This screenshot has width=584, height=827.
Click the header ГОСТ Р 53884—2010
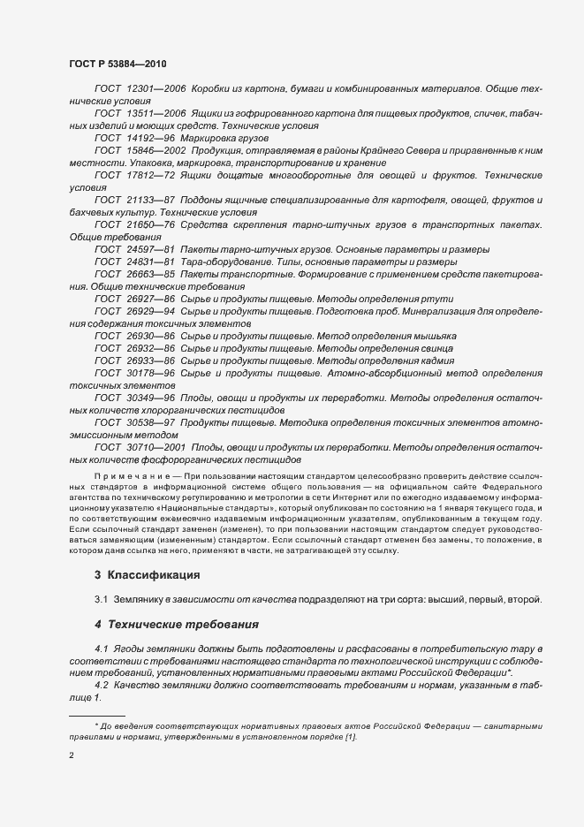[x=117, y=64]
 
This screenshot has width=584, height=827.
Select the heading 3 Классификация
[x=148, y=575]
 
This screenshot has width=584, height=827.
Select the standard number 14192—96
[x=152, y=140]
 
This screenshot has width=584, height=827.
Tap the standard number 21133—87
[x=152, y=201]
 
